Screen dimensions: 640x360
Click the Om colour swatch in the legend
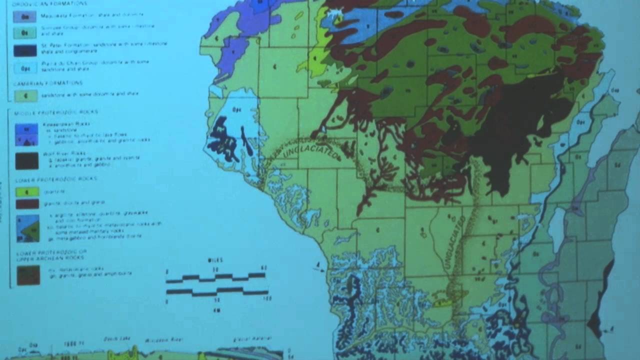click(x=25, y=16)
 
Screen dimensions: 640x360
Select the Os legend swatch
click(x=25, y=33)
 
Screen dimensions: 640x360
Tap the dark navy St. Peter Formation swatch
click(x=25, y=50)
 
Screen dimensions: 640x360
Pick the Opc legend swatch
click(x=25, y=67)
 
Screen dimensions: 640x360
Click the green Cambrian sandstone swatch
click(x=26, y=95)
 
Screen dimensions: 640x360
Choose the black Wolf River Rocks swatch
click(x=26, y=161)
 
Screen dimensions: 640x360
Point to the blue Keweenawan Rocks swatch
click(x=26, y=134)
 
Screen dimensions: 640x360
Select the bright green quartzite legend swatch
click(x=27, y=191)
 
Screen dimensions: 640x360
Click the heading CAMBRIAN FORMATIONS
click(x=48, y=83)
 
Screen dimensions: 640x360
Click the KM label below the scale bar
click(x=216, y=310)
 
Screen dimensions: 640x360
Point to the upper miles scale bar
click(x=215, y=277)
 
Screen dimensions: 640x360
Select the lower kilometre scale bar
click(x=217, y=291)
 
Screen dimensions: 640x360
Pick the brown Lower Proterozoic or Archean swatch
click(x=28, y=275)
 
